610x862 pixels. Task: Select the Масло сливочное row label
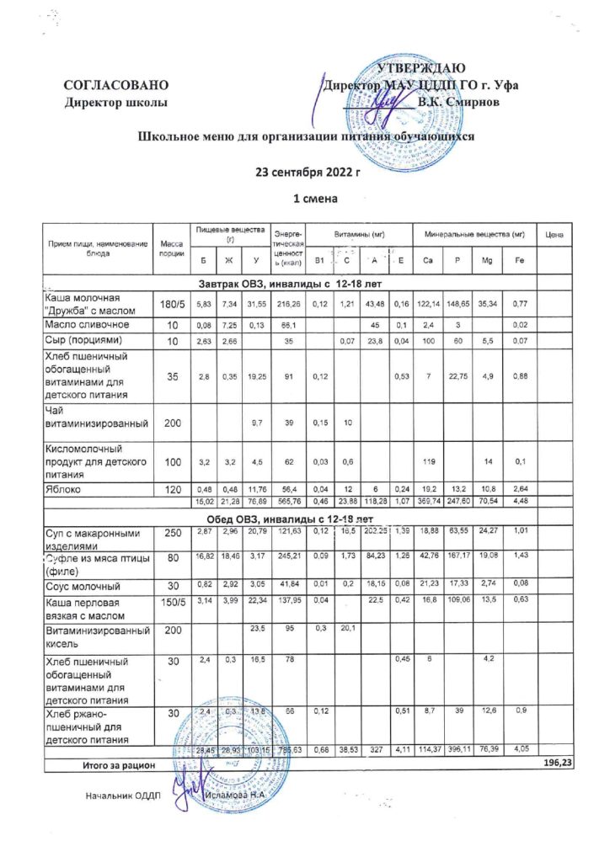pos(86,323)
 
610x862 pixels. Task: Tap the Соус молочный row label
pos(83,584)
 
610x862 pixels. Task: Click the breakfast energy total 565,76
pos(287,502)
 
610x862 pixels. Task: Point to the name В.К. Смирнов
pos(460,101)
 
